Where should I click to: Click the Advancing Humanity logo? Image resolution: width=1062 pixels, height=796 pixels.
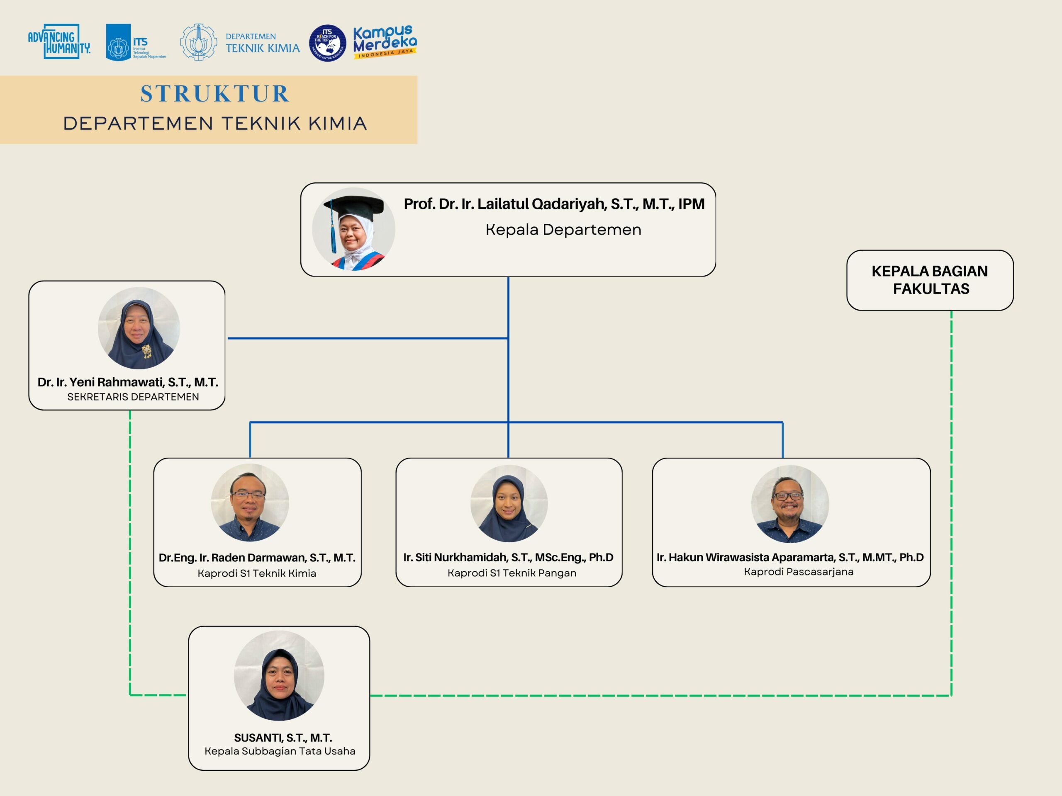point(59,42)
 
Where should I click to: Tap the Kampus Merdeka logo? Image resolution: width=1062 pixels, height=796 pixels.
point(385,42)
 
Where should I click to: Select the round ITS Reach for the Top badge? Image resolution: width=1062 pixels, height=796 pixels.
point(327,43)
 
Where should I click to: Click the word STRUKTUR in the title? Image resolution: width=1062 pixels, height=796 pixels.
point(214,94)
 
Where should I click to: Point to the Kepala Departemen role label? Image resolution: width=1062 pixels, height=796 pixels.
point(563,230)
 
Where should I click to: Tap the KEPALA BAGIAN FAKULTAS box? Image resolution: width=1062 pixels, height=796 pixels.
point(930,280)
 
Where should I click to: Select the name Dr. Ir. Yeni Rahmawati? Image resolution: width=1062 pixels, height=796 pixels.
point(128,382)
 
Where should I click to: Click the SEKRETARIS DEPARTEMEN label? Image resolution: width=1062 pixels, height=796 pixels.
point(133,397)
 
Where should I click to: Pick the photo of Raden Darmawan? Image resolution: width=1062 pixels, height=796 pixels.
point(250,502)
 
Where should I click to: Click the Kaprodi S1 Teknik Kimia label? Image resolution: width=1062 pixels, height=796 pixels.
point(257,573)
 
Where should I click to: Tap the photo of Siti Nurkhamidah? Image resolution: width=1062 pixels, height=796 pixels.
point(509,503)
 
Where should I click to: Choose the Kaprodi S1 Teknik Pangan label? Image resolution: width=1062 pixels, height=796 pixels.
point(512,573)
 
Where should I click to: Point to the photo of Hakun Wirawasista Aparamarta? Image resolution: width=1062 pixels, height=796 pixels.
point(790,503)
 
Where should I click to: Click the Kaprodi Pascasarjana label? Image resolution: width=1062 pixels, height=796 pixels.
point(799,571)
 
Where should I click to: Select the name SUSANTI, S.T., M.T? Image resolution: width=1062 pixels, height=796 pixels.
point(283,738)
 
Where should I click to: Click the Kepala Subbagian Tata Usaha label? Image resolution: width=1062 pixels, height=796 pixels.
point(280,751)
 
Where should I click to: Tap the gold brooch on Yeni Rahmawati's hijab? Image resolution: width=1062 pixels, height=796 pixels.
point(146,351)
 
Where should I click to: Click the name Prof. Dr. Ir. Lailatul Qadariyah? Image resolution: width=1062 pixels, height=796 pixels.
point(553,204)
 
